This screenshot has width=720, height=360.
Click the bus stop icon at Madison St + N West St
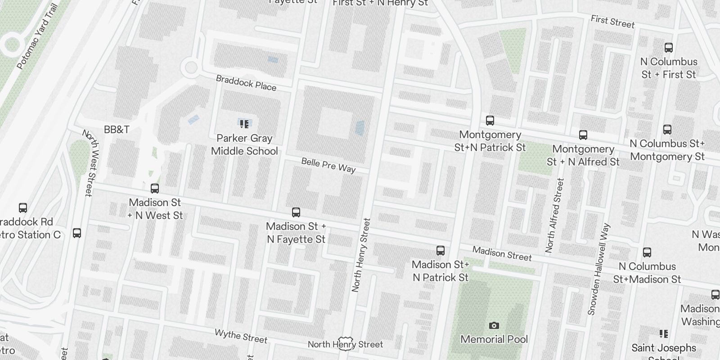coord(155,189)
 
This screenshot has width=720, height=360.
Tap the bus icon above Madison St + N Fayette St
coord(296,212)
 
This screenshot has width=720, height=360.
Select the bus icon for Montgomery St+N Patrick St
coord(490,121)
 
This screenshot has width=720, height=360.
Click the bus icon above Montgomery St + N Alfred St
coord(583,135)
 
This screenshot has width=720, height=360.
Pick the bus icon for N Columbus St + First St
coord(669,48)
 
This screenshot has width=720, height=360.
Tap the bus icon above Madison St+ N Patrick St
coord(441,251)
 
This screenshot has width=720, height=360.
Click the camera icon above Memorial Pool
coord(494,325)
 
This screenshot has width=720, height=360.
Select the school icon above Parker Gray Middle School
coord(244,124)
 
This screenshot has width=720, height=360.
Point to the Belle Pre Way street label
coord(328,165)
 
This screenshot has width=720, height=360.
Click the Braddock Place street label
coord(246,83)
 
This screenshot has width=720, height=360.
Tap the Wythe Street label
coord(241,336)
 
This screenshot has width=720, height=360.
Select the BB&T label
coord(117,130)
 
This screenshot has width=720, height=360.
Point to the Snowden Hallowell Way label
coord(598,269)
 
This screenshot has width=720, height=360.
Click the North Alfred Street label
coord(554,215)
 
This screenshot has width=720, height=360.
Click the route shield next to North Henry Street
coord(345,342)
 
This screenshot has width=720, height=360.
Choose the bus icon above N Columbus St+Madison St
coord(647,253)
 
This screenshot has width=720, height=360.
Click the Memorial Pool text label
coord(494,339)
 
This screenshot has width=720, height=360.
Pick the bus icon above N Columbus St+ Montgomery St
coord(667,130)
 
